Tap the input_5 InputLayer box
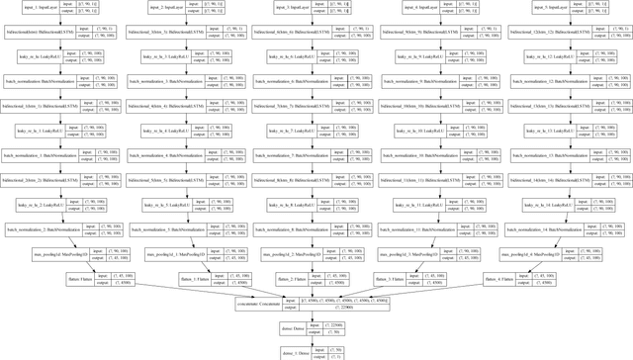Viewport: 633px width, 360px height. [539, 9]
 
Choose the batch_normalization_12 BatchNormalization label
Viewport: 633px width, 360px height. [540, 82]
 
